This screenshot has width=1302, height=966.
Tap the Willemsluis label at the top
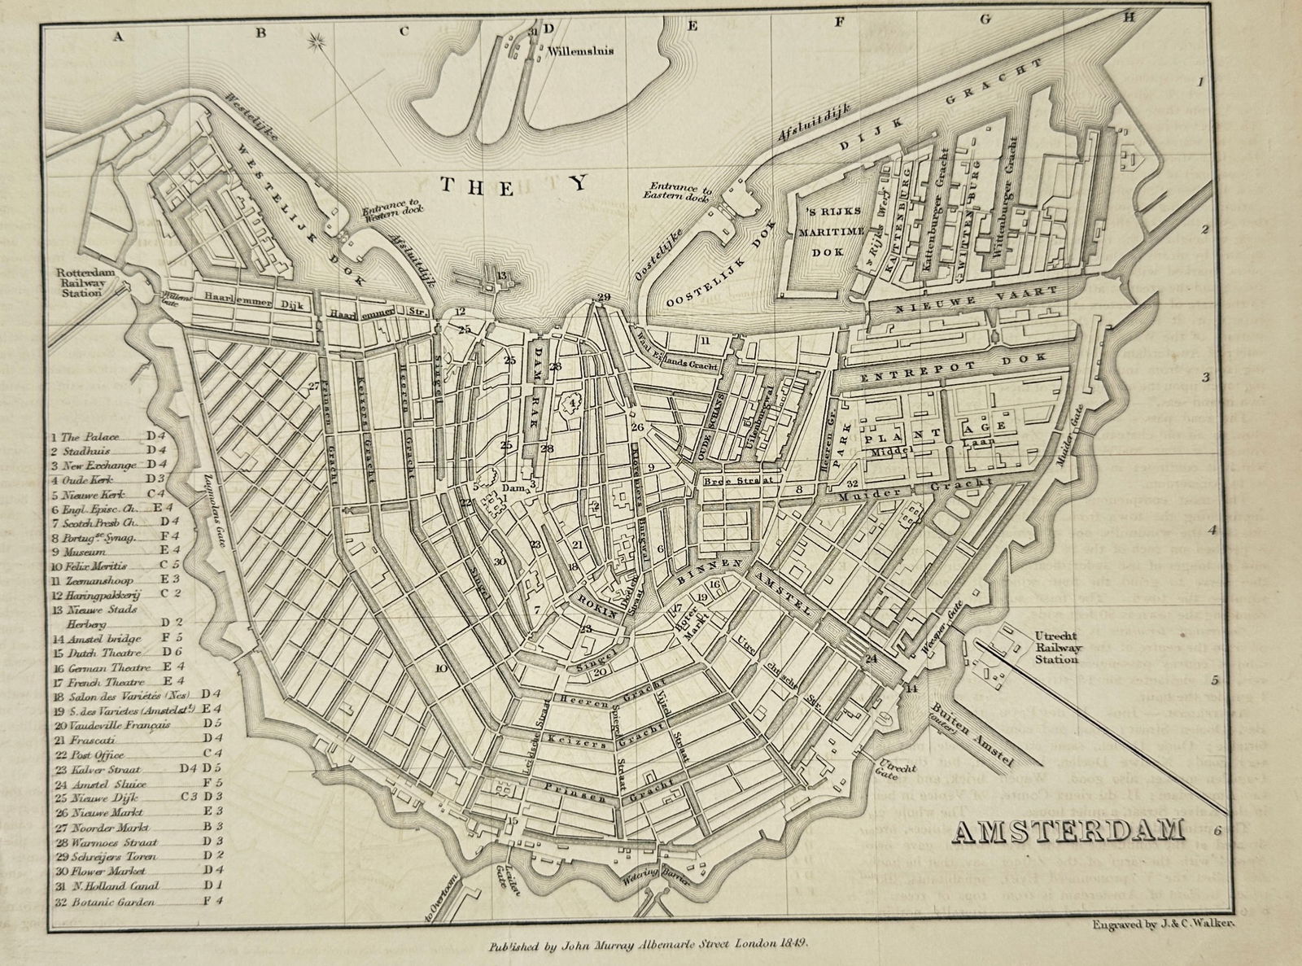pyautogui.click(x=580, y=51)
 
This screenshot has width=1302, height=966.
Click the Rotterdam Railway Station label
pyautogui.click(x=78, y=282)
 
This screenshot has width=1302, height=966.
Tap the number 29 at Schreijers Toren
pyautogui.click(x=603, y=297)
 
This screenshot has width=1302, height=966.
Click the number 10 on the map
pyautogui.click(x=441, y=668)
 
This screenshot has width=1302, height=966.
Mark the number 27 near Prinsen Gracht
pyautogui.click(x=314, y=387)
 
